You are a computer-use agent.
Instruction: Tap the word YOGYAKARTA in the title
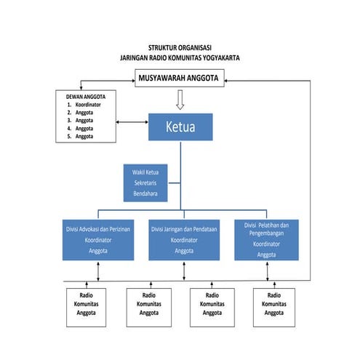(x=220, y=57)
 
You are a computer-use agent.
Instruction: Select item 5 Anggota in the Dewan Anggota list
(x=84, y=136)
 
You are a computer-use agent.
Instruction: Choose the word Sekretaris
(x=145, y=183)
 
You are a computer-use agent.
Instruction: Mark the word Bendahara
(x=145, y=194)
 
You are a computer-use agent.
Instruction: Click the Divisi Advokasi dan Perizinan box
(x=97, y=239)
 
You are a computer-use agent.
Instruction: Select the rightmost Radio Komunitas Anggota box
(x=274, y=305)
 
